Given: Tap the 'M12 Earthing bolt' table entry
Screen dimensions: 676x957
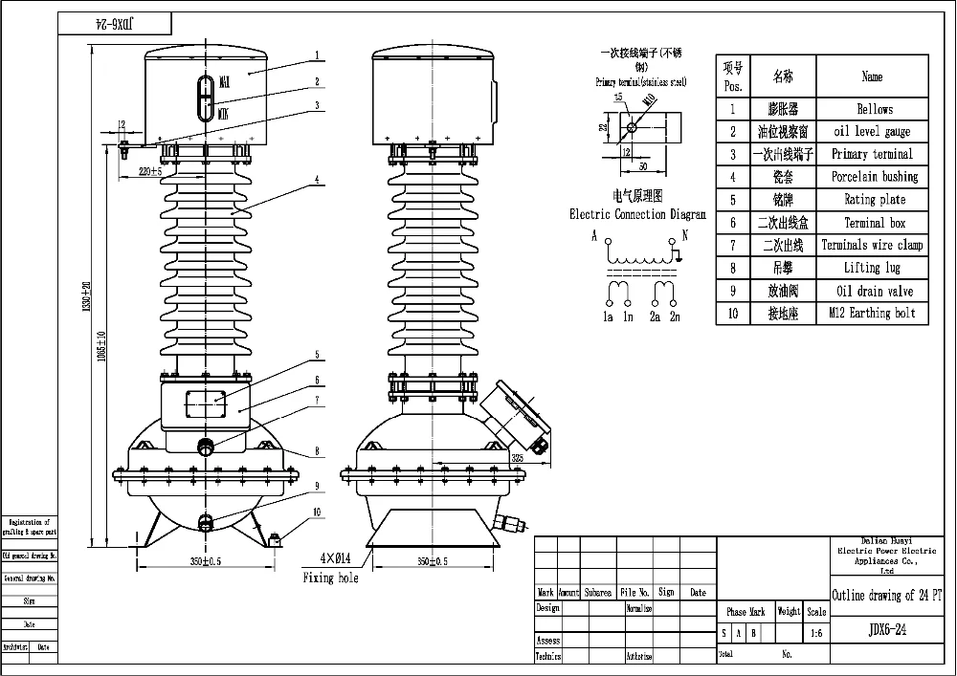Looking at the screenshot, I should point(871,314).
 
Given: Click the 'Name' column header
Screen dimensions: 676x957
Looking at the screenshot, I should point(871,76).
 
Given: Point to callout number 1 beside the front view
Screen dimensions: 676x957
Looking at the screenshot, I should point(316,56).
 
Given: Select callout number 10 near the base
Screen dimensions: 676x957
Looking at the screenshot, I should point(317,512).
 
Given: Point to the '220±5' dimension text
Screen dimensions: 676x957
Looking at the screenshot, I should point(151,172).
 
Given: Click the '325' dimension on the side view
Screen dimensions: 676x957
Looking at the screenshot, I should point(518,459).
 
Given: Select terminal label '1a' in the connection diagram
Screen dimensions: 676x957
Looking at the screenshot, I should point(607,316).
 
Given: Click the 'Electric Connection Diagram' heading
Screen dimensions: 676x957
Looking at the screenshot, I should point(637,215).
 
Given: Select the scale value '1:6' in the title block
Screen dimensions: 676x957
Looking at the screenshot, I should point(815,633).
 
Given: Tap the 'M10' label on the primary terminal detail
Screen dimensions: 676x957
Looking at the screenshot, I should point(650,99).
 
